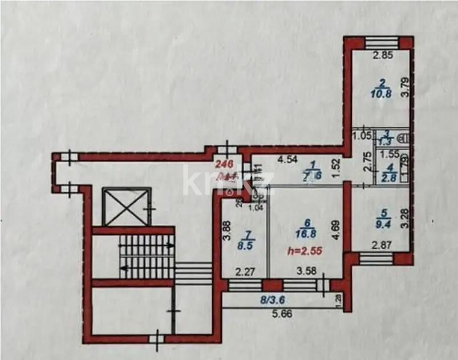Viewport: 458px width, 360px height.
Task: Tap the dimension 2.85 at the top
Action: (x=383, y=56)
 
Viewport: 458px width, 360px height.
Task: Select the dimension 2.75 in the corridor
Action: (x=368, y=168)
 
